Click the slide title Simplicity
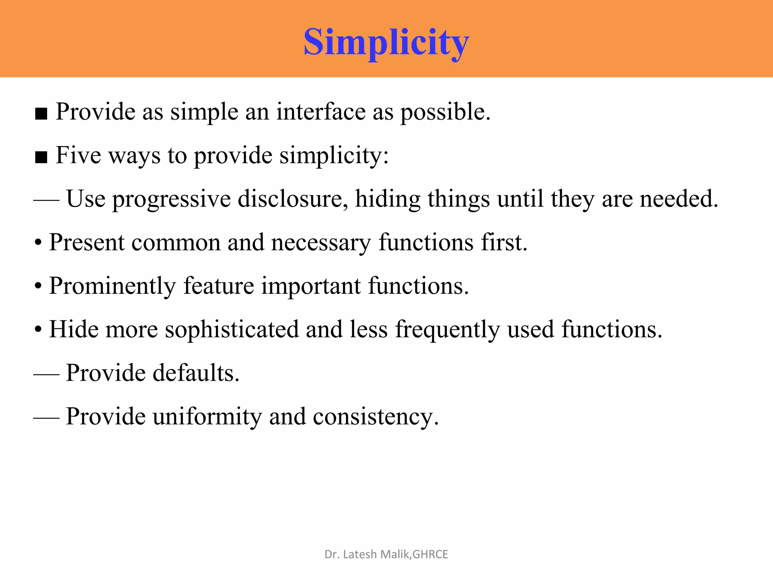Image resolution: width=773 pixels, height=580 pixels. pos(386,42)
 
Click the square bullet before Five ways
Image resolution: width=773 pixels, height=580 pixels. pos(41,157)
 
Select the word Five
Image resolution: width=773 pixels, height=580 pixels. pos(78,155)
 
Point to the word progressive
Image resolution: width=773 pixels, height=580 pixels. pos(171,199)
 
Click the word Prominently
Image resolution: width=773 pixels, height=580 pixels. pos(112,286)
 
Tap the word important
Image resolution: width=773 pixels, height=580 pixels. pos(311,286)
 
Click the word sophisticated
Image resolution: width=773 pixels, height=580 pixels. pos(232,330)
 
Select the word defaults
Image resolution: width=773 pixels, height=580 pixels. pos(196,373)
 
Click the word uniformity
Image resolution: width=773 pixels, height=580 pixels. pos(207,417)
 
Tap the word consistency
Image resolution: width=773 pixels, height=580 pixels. pos(376,417)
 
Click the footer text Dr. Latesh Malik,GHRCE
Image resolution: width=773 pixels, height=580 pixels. pos(386,554)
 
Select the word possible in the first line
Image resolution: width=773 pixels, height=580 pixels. pos(445,113)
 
